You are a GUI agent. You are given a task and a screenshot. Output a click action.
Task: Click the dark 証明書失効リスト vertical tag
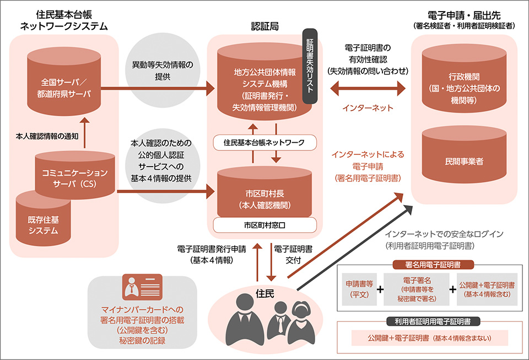[x=310, y=67]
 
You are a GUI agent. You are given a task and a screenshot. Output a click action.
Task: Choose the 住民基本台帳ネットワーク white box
[x=264, y=142]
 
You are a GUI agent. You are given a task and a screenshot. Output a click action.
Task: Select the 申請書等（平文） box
[x=360, y=290]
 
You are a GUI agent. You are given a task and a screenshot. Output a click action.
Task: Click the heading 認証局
[x=264, y=26]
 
